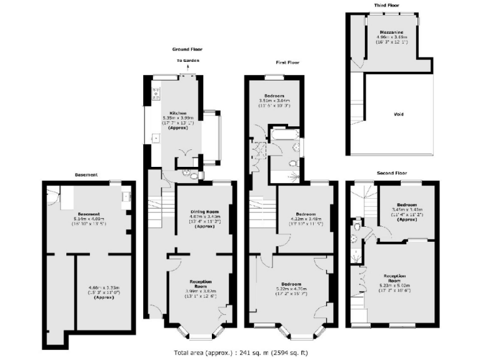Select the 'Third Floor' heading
pos(387,5)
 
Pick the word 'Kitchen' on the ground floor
pos(177,114)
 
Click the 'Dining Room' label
pos(204,212)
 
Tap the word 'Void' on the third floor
pos(398,114)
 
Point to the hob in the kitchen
pos(157,92)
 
